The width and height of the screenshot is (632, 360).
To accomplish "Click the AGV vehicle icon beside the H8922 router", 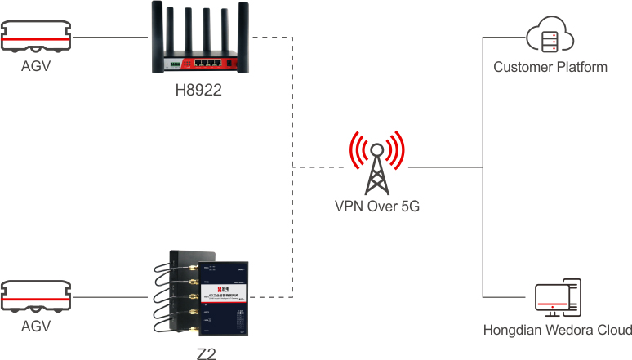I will (36, 38).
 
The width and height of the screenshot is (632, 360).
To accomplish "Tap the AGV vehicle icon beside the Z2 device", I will (36, 297).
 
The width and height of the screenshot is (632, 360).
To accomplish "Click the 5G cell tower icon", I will (377, 162).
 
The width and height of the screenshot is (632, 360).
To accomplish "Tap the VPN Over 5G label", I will (377, 207).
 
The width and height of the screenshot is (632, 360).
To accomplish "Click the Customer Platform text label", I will (550, 67).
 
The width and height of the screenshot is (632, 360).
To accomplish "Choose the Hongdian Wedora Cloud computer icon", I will (557, 299).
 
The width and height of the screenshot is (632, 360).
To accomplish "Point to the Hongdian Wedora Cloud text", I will (557, 331).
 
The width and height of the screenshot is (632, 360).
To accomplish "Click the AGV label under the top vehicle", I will (36, 67).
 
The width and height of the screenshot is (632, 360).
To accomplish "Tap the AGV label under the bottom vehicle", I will (36, 327).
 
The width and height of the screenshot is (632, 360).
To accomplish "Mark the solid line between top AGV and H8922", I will (110, 37).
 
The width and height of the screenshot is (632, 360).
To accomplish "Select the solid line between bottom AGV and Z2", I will (110, 297).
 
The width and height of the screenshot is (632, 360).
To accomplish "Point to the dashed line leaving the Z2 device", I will (278, 297).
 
